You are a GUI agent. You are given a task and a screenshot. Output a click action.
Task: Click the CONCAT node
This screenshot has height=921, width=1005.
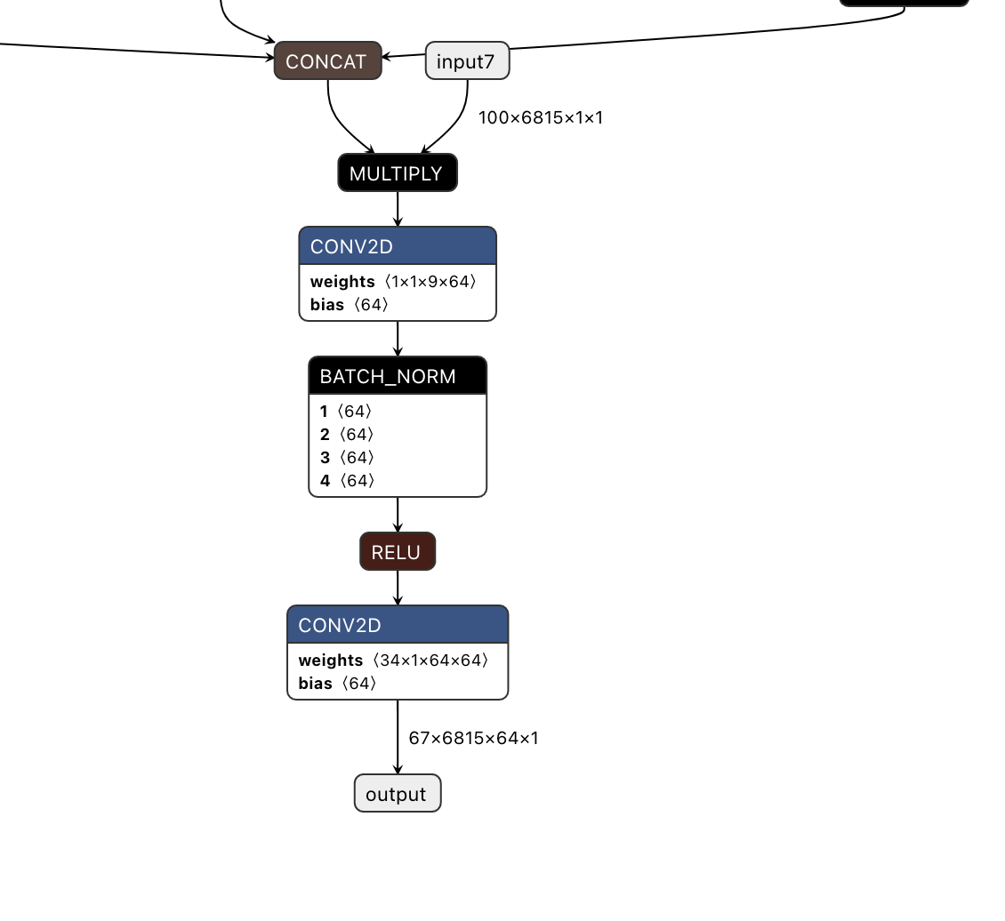327,61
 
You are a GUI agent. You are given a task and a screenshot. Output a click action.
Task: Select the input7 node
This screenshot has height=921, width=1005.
467,61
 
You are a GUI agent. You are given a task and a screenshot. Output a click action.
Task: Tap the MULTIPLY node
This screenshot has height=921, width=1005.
397,173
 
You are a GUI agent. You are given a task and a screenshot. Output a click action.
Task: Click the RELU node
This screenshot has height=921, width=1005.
397,552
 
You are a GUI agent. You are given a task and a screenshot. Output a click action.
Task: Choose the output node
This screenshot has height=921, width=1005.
397,794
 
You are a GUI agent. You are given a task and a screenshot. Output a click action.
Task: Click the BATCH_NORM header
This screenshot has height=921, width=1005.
397,376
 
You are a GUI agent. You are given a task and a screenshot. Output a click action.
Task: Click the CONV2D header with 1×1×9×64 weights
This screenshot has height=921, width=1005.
397,246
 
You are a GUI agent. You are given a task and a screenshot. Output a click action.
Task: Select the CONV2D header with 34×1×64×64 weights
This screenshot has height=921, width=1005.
397,625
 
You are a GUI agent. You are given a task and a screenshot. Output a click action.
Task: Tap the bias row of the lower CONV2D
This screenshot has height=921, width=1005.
338,684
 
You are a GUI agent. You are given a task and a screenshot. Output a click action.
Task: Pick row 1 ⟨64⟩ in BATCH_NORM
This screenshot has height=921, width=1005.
346,412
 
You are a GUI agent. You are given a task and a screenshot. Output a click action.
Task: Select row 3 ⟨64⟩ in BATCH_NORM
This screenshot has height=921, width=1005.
347,458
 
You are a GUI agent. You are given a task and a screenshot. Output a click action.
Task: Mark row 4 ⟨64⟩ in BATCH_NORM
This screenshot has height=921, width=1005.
347,481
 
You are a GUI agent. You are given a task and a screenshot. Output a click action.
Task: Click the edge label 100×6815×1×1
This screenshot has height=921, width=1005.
541,117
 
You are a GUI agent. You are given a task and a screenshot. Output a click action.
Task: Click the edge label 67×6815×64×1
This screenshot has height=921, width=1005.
473,738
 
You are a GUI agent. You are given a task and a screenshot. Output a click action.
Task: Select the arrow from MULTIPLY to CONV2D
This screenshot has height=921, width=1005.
398,209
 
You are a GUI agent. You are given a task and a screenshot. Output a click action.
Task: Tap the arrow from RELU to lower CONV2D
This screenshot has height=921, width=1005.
398,589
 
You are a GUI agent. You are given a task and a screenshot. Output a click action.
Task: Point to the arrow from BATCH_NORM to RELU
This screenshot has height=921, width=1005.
398,515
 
